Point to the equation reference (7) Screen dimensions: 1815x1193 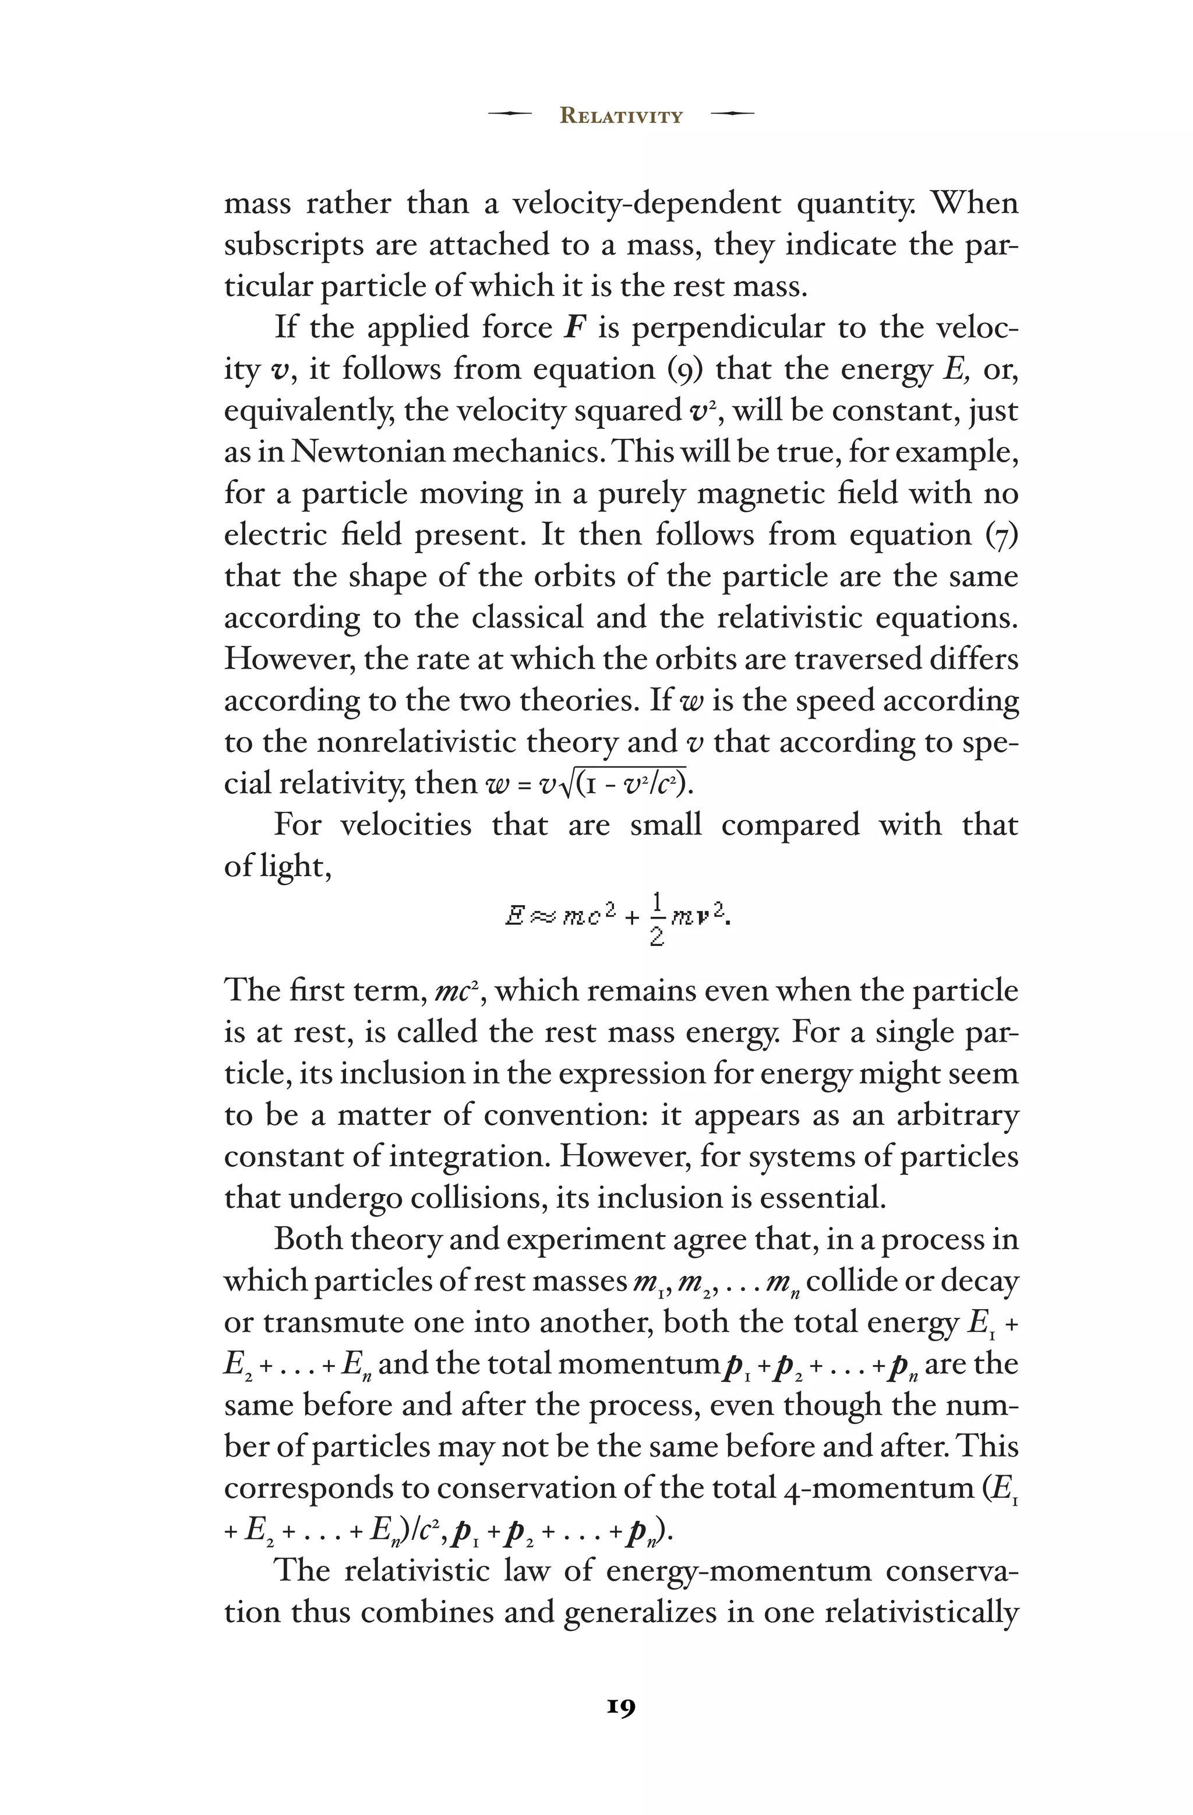coord(1002,535)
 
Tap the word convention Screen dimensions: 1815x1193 coord(561,1115)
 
